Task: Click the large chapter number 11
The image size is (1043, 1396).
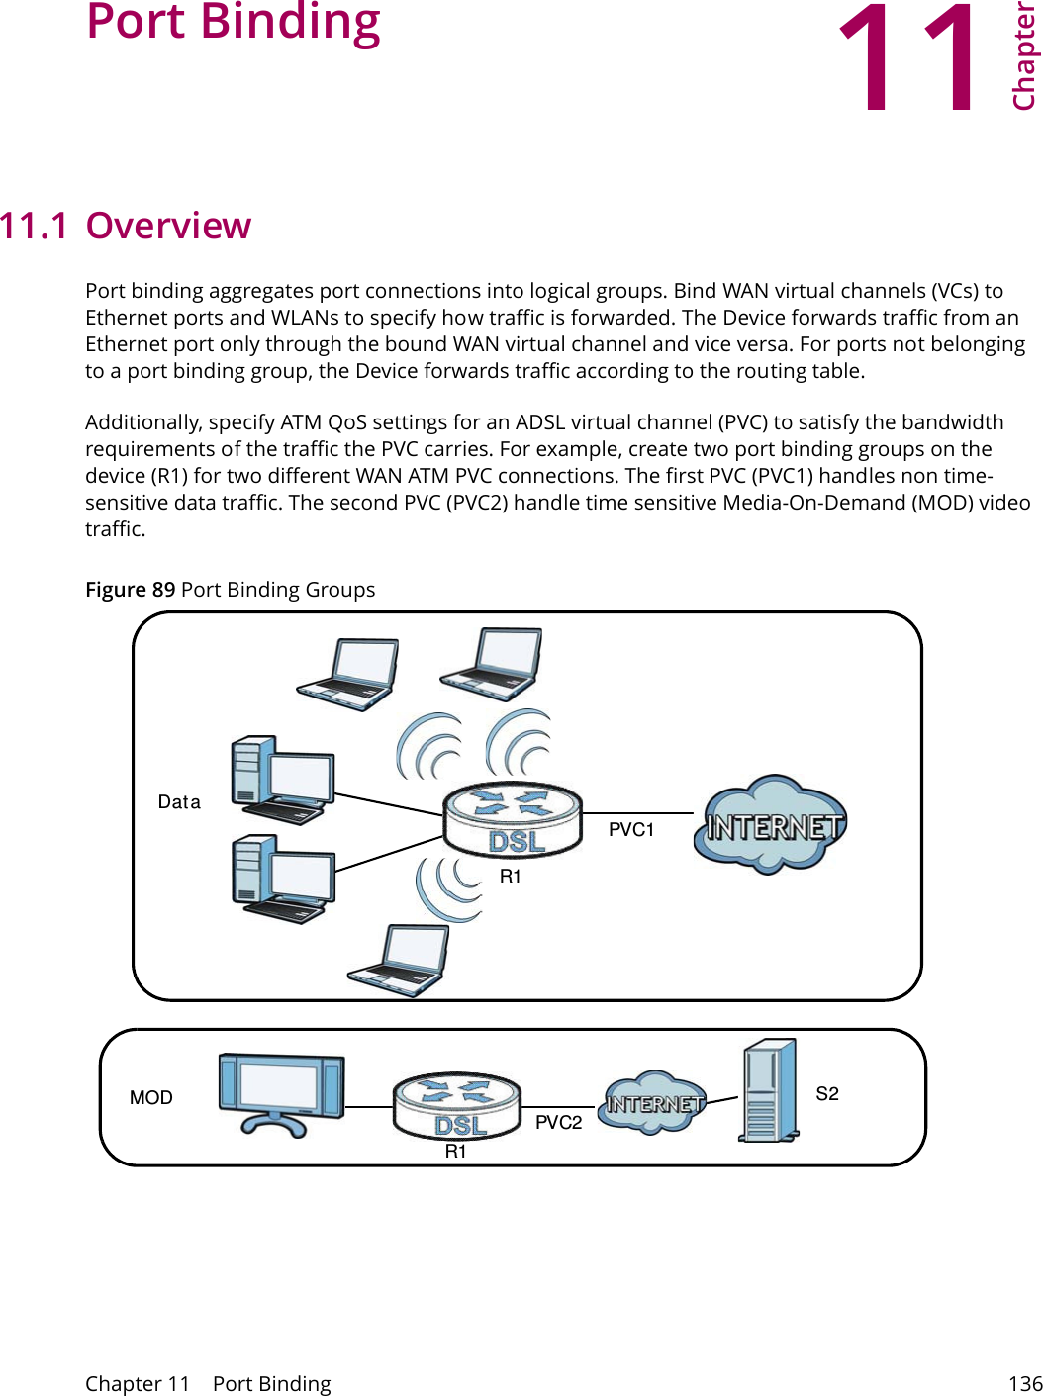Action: [908, 59]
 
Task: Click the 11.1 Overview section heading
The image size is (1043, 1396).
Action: [126, 226]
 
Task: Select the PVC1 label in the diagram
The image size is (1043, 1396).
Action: [630, 830]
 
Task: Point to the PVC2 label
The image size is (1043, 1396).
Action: [558, 1123]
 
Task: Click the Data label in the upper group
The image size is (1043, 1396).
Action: [179, 802]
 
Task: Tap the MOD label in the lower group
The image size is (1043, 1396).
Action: [151, 1098]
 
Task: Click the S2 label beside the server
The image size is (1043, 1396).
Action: [826, 1094]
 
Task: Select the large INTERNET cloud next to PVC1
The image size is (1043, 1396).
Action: [771, 825]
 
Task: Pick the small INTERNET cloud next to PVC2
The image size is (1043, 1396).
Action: [652, 1102]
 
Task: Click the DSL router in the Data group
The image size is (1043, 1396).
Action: [513, 819]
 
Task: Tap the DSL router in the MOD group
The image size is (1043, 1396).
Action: [457, 1106]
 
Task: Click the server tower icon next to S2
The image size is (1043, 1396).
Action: [769, 1090]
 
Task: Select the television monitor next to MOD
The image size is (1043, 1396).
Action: [281, 1092]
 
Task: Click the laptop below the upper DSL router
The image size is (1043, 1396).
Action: [399, 960]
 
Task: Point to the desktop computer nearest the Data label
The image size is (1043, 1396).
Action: [282, 781]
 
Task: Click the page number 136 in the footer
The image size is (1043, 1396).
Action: [1024, 1384]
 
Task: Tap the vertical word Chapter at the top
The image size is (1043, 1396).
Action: [1023, 55]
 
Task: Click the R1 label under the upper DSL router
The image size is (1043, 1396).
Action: [510, 877]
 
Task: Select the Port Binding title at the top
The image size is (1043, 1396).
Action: [234, 22]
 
